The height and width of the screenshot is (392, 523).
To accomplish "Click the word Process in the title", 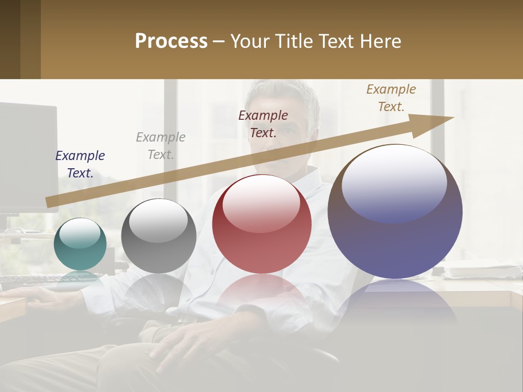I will pyautogui.click(x=171, y=41).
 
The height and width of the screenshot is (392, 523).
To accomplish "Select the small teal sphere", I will pyautogui.click(x=80, y=244).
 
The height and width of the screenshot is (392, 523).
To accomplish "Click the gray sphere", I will pyautogui.click(x=159, y=236).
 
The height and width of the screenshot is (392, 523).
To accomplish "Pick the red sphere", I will pyautogui.click(x=262, y=224).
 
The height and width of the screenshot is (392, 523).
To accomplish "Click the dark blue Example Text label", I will pyautogui.click(x=80, y=164).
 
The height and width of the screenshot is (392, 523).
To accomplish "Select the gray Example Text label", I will pyautogui.click(x=161, y=145).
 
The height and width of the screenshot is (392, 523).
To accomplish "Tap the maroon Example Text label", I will pyautogui.click(x=263, y=124).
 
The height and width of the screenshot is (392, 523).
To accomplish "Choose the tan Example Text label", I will pyautogui.click(x=391, y=97).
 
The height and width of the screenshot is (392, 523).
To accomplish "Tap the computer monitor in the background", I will pyautogui.click(x=27, y=158).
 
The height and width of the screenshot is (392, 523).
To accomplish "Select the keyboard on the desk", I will pyautogui.click(x=33, y=281).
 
